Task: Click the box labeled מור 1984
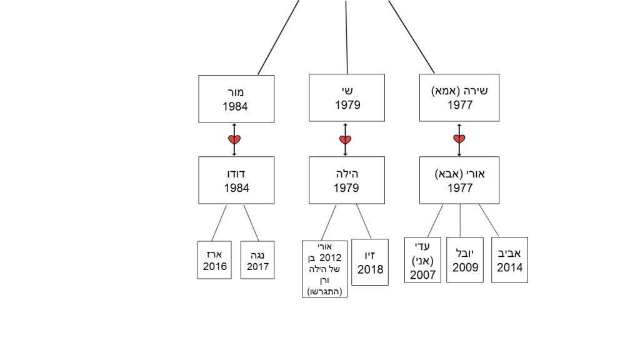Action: (x=236, y=99)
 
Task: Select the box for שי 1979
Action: (x=347, y=97)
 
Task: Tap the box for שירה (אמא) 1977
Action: (x=459, y=97)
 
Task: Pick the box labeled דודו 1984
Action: (x=236, y=180)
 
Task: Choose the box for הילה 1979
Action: (x=347, y=180)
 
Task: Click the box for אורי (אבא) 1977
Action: (x=459, y=180)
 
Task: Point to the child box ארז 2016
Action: (x=214, y=260)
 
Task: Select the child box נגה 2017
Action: (x=257, y=260)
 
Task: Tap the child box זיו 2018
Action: (x=370, y=262)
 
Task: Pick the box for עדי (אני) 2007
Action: (x=422, y=260)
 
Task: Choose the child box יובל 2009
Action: (x=465, y=260)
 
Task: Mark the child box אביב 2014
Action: (x=509, y=260)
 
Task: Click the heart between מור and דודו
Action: (x=234, y=139)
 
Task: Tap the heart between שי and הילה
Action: (x=345, y=139)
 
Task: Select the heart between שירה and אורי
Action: (x=459, y=139)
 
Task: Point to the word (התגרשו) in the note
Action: (x=324, y=291)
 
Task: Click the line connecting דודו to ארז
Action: (x=219, y=222)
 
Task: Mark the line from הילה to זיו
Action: (x=364, y=221)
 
